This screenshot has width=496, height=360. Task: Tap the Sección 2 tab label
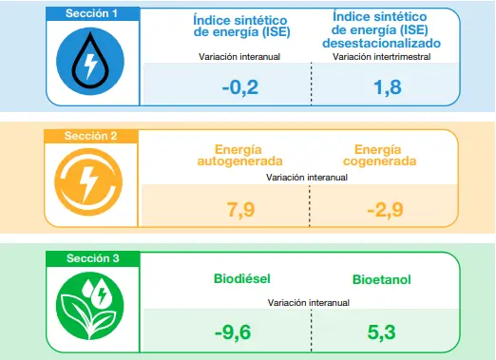[91, 136]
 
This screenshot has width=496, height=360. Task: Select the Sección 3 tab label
[91, 258]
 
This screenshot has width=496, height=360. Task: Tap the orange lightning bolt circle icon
[91, 181]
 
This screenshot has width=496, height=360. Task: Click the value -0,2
[240, 87]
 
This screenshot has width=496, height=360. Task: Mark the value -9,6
[240, 332]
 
